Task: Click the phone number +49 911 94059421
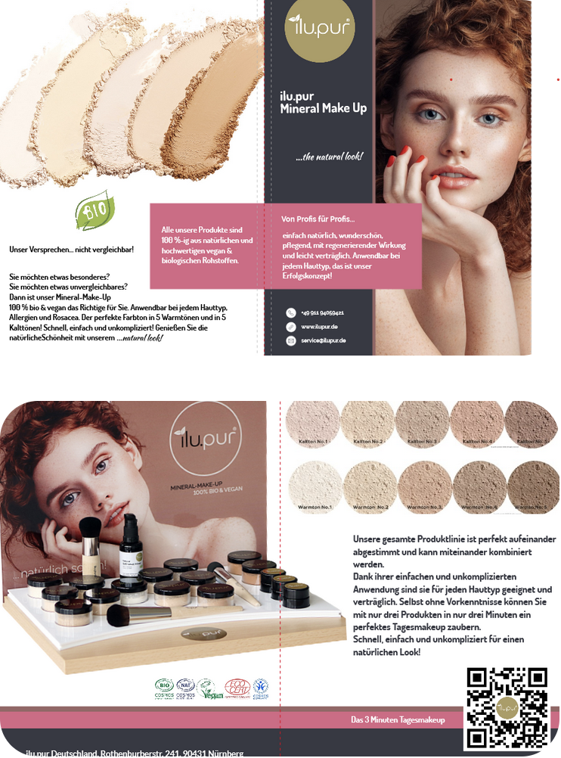pyautogui.click(x=322, y=312)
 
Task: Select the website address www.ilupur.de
pyautogui.click(x=319, y=327)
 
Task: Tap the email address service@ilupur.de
pyautogui.click(x=324, y=341)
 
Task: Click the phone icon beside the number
pyautogui.click(x=290, y=312)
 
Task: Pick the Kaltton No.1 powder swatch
pyautogui.click(x=312, y=424)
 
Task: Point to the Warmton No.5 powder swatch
pyautogui.click(x=533, y=484)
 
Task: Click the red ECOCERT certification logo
pyautogui.click(x=236, y=688)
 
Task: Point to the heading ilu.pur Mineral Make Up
pyautogui.click(x=323, y=102)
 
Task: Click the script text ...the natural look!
pyautogui.click(x=329, y=157)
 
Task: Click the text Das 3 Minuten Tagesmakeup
pyautogui.click(x=398, y=719)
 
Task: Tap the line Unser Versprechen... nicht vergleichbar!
pyautogui.click(x=71, y=249)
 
